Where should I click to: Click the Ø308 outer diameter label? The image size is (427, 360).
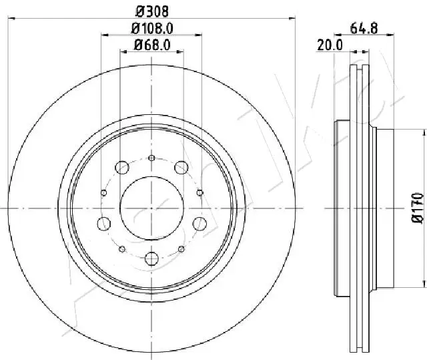(x=152, y=12)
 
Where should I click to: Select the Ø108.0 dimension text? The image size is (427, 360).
(x=152, y=28)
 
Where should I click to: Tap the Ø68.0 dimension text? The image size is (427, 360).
(x=152, y=45)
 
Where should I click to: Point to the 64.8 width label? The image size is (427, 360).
(x=364, y=28)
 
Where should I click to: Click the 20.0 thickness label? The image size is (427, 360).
(x=330, y=45)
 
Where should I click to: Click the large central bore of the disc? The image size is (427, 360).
(x=151, y=208)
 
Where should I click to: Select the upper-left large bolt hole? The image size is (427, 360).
(x=121, y=168)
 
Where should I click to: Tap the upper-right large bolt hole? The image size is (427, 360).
(x=181, y=168)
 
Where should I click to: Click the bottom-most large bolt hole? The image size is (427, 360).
(x=151, y=258)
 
